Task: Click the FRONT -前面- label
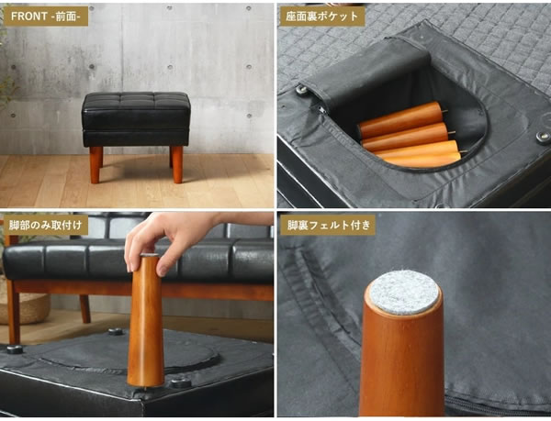click(x=45, y=17)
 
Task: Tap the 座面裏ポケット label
click(x=321, y=17)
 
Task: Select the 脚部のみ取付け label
click(x=45, y=225)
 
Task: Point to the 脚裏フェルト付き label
click(x=328, y=225)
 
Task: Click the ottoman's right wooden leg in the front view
click(x=177, y=164)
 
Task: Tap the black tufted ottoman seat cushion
click(x=136, y=119)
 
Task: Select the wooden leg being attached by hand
click(x=146, y=320)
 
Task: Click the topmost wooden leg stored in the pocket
click(x=400, y=120)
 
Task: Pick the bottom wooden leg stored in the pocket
click(x=422, y=154)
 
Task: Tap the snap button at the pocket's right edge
click(x=544, y=137)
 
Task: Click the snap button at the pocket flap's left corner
click(x=301, y=89)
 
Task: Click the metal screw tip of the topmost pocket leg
click(x=445, y=112)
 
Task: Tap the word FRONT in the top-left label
click(x=29, y=17)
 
